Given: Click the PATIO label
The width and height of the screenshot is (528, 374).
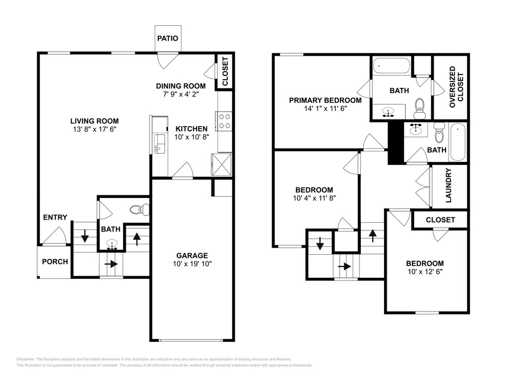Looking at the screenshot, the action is [168, 38].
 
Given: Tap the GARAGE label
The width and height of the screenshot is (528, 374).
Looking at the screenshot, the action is [192, 256].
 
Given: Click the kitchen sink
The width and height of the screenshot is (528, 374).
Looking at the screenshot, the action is [160, 144].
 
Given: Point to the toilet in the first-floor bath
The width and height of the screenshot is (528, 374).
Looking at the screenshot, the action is [140, 209].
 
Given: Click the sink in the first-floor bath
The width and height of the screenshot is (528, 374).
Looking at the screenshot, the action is [112, 244].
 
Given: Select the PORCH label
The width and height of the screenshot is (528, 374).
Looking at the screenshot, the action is [55, 262].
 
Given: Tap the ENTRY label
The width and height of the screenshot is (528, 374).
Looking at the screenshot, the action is [55, 217].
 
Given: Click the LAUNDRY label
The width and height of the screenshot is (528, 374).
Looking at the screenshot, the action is [449, 185].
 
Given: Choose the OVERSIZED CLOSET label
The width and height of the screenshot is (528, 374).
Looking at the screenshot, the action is [456, 87].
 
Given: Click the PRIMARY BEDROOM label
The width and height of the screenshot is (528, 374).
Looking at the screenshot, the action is [325, 100].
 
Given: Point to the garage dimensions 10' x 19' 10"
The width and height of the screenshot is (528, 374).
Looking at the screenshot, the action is [192, 264].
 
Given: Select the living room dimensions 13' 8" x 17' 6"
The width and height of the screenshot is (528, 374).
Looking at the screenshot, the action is [94, 129].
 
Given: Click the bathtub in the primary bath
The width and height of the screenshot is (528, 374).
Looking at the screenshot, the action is [391, 66].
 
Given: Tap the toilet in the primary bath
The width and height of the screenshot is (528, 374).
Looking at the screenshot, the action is [420, 108].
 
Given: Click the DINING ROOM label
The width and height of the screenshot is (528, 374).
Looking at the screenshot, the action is [181, 86].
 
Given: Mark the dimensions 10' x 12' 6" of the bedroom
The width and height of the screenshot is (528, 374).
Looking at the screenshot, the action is [425, 272].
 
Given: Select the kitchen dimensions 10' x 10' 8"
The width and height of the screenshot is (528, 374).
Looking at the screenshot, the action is [192, 137].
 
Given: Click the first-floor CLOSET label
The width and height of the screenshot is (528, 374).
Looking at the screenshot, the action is [225, 71].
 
